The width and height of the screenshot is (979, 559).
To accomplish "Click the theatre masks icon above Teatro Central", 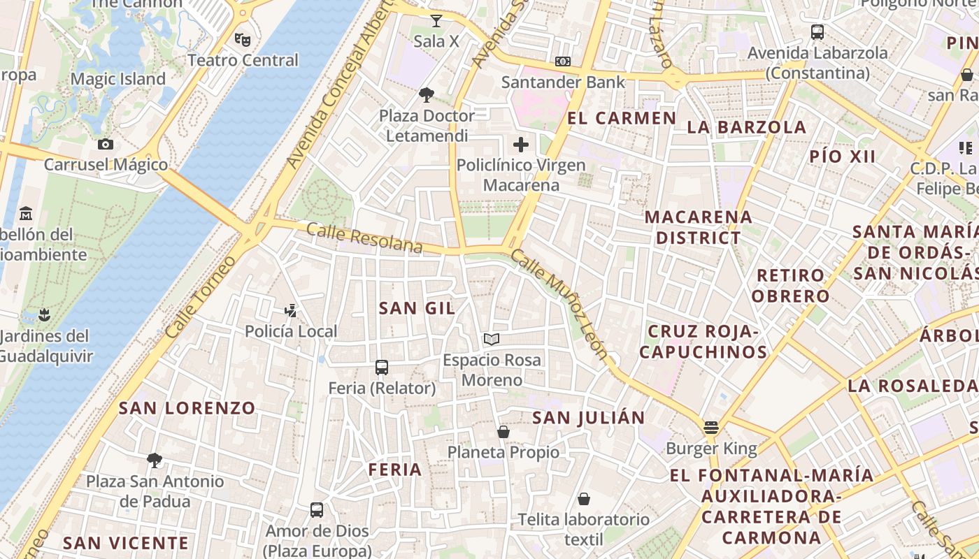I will coord(243,39).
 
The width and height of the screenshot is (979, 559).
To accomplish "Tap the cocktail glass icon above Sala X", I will coord(436,20).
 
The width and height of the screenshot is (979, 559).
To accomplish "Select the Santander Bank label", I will coord(563,82).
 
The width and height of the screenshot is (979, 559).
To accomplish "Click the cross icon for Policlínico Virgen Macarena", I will coord(521,145).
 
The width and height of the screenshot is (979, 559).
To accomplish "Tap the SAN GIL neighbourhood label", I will coord(417,307).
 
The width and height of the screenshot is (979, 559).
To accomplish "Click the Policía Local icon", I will coord(291,310).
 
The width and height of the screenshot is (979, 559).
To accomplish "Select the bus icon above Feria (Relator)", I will coord(382,367).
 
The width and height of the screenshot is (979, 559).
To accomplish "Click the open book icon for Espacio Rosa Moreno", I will coord(492,340).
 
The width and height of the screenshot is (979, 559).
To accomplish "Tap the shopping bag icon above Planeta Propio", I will coord(503,432).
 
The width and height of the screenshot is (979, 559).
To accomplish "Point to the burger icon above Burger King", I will coord(711,427).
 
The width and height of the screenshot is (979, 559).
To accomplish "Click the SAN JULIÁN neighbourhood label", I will coord(589,418).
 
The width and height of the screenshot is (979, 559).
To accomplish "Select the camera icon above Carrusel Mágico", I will coord(106,144).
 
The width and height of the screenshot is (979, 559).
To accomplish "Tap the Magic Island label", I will coord(118,79).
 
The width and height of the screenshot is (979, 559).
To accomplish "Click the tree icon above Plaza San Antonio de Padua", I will coord(155,460).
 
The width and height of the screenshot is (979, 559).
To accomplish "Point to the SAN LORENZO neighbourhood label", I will coord(187,408).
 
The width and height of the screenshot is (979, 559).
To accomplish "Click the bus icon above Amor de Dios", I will coord(317,510).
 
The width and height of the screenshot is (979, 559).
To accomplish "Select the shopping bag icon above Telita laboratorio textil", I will coord(584,499).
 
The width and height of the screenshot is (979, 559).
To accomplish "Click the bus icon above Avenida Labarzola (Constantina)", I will coord(817,31).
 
